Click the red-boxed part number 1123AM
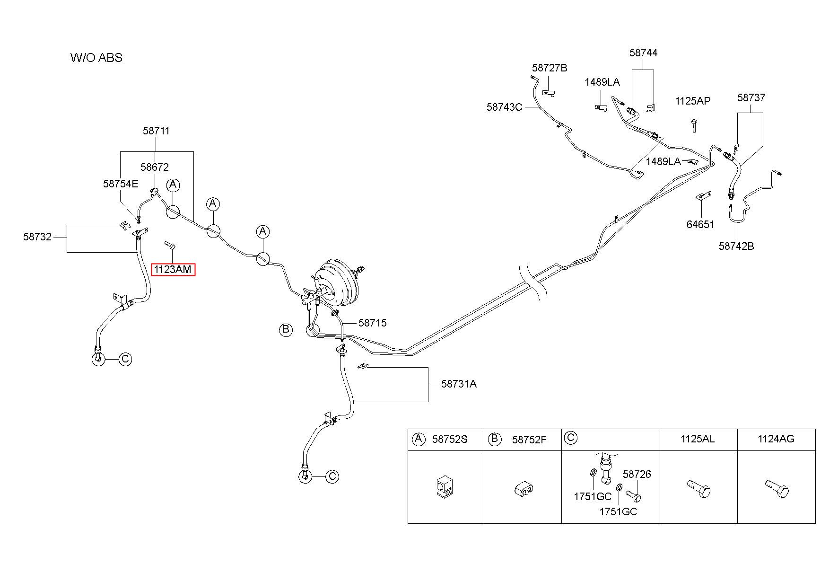click(173, 270)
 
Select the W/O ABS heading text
click(96, 58)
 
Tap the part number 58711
click(156, 131)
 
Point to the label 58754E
click(121, 184)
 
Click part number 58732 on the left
click(37, 237)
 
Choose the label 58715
click(373, 323)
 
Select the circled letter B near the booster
click(286, 330)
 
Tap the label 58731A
click(459, 384)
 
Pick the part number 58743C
click(504, 107)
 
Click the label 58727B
click(550, 68)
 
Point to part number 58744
click(643, 53)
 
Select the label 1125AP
click(693, 101)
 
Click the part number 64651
click(700, 224)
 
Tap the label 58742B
click(736, 246)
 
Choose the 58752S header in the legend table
click(450, 440)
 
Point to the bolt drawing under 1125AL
click(698, 488)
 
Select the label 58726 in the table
click(637, 474)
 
